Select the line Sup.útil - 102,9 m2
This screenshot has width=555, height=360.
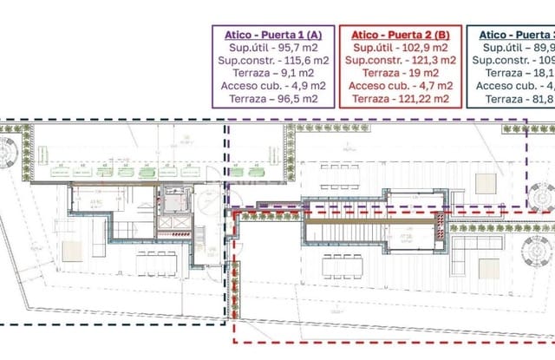pyautogui.click(x=400, y=48)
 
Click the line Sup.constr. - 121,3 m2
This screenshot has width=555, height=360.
pyautogui.click(x=400, y=61)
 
